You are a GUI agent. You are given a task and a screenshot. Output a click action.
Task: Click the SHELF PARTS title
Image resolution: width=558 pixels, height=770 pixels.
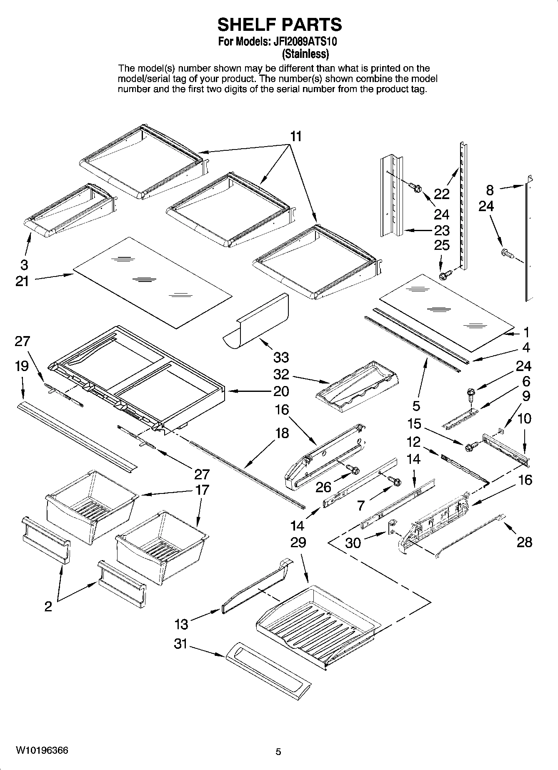point(280,25)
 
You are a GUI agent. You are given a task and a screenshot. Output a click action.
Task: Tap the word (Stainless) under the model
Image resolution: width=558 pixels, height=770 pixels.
point(305,54)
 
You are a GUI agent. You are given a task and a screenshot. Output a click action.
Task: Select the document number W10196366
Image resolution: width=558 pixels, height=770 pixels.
point(42,751)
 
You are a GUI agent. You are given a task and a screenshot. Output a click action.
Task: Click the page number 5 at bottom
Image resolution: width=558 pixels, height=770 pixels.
point(278,752)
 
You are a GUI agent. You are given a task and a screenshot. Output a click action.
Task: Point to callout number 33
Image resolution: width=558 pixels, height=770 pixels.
point(281,357)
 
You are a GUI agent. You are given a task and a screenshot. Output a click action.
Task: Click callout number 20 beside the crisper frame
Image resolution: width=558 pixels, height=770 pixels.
point(281,391)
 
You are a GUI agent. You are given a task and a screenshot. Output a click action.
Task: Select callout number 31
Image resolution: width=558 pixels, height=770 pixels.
point(180,644)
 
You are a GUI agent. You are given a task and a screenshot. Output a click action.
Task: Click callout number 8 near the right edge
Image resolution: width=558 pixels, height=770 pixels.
point(490,190)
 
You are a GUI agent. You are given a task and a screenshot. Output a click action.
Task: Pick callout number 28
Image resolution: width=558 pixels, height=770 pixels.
point(524,542)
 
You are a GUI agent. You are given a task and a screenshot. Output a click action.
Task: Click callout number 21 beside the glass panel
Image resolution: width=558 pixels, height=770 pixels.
point(22,281)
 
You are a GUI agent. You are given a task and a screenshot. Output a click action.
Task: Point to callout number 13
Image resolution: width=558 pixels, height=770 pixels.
point(181,624)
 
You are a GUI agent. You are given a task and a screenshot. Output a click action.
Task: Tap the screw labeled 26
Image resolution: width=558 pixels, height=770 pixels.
point(354,470)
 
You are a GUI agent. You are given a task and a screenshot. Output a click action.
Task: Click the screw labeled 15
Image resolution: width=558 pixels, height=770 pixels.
point(470,446)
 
